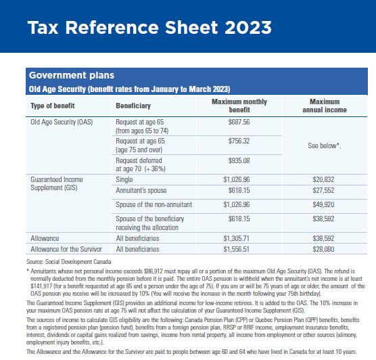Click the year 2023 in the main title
(248, 27)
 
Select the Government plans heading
(72, 75)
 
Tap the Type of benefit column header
(53, 106)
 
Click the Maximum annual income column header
(325, 106)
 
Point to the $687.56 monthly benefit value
(239, 122)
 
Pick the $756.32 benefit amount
(239, 141)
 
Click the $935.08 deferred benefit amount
(239, 160)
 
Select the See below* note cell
(325, 145)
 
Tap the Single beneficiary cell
(124, 180)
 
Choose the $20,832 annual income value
(323, 179)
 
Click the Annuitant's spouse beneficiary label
(141, 191)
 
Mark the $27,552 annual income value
(323, 190)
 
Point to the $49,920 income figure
(323, 204)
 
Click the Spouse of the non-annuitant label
(154, 204)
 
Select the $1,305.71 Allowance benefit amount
(237, 238)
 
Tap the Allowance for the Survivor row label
(66, 249)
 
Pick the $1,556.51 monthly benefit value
(237, 249)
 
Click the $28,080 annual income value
(323, 249)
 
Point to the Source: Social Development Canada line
(69, 262)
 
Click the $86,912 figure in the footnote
(154, 271)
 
